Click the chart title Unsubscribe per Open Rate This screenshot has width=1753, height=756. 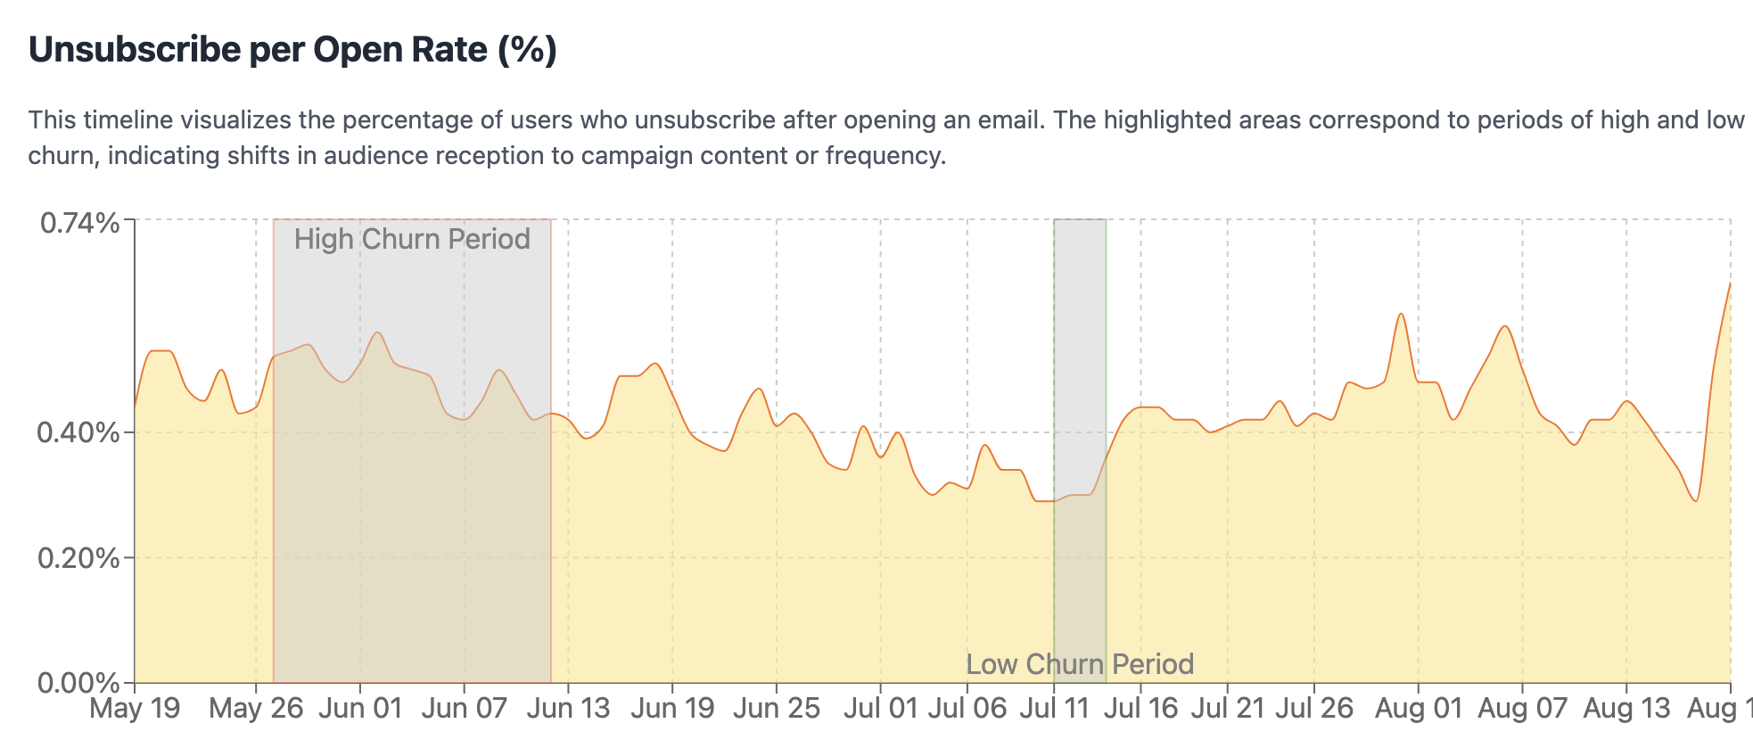292,50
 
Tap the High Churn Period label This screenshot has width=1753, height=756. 412,239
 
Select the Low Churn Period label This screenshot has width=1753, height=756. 1080,664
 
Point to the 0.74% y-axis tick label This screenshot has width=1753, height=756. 80,223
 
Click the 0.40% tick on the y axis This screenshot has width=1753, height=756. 78,433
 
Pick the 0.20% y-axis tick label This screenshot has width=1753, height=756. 78,559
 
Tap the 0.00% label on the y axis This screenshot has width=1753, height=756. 78,684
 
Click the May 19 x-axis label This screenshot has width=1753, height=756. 136,709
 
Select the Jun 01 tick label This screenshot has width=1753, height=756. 360,709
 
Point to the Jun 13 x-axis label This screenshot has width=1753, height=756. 568,709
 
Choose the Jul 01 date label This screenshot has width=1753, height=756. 880,709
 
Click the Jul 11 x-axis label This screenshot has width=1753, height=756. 1054,709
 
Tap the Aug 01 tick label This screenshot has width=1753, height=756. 1419,709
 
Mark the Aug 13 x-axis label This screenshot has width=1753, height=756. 1626,709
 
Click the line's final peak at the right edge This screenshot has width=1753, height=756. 1730,283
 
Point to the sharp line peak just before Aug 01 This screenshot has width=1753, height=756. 1401,314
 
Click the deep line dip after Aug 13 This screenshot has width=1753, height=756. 1695,501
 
